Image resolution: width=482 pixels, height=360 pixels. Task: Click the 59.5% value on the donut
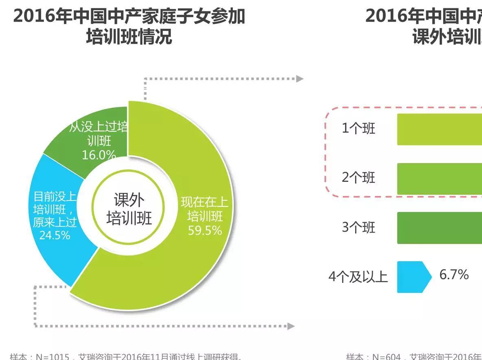point(205,231)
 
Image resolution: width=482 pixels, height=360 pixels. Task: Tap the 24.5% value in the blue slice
point(55,235)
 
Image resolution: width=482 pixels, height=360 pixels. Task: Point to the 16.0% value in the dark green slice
point(99,155)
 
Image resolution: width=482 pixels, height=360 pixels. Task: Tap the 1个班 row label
point(358,129)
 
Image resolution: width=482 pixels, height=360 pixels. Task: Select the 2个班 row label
point(358,178)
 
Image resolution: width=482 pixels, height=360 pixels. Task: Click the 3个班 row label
point(358,227)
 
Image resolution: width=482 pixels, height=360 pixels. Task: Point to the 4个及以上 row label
point(358,277)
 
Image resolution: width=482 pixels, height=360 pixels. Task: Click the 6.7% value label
point(454,275)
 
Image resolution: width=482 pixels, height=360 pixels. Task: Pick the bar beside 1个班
point(440,129)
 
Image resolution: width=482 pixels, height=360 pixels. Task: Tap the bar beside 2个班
point(440,179)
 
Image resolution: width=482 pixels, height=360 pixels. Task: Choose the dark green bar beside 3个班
point(440,228)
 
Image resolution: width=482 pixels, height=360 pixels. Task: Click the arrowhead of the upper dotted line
point(300,79)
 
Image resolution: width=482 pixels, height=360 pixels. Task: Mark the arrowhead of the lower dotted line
point(291,326)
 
